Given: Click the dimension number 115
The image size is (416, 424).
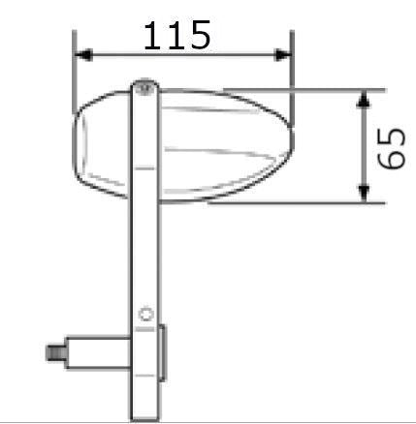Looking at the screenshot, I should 176,35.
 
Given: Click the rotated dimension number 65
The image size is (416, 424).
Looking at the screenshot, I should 391,146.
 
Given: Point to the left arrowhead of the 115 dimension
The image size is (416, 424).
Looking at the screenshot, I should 82,55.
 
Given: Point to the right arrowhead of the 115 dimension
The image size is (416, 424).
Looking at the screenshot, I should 283,55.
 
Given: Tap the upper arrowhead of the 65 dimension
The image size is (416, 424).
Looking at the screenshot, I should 363,98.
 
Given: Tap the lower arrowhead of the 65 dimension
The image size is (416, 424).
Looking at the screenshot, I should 363,196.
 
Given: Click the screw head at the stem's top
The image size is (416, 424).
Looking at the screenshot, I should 144,87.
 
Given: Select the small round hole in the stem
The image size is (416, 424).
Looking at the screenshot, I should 145,313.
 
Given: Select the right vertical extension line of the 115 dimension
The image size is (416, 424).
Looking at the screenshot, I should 291,73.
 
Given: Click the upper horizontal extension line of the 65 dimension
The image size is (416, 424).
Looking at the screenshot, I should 320,89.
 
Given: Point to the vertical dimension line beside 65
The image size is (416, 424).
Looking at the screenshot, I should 363,145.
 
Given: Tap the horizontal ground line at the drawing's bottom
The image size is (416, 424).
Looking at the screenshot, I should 242,420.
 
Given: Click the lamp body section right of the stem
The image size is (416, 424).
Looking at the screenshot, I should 218,145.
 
